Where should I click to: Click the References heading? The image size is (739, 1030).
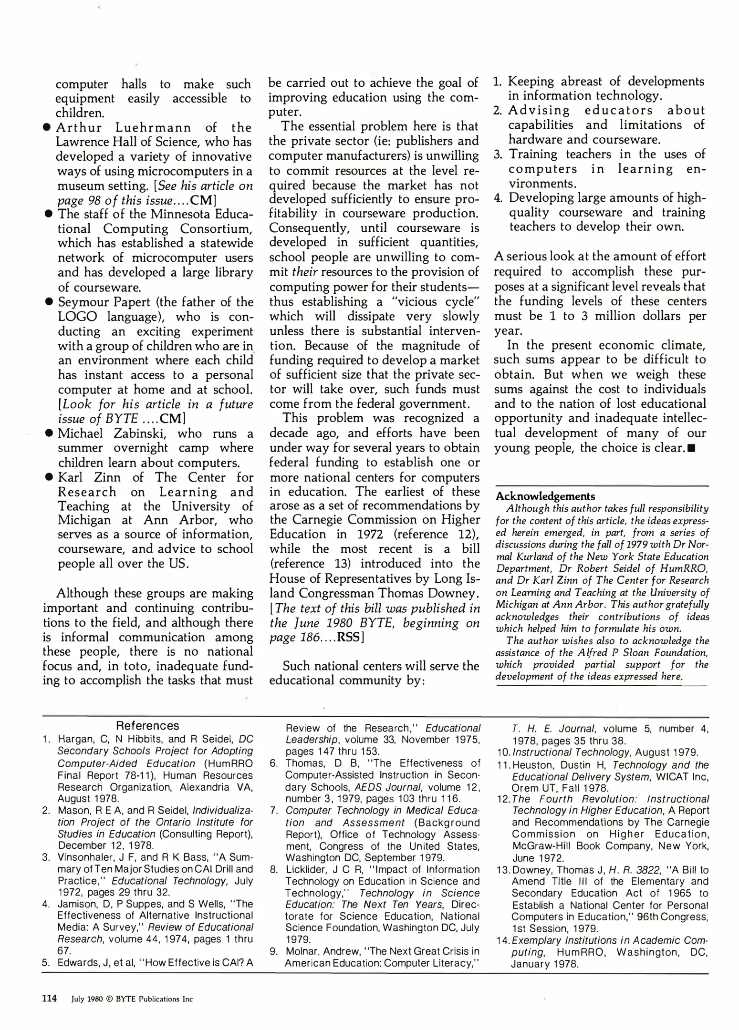[147, 726]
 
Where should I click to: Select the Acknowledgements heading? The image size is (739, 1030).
[545, 496]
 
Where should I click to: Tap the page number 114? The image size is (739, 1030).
[50, 998]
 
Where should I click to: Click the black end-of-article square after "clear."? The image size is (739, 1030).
[691, 449]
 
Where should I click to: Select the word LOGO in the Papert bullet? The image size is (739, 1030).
[77, 317]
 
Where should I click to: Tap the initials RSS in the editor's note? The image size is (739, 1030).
[348, 638]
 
